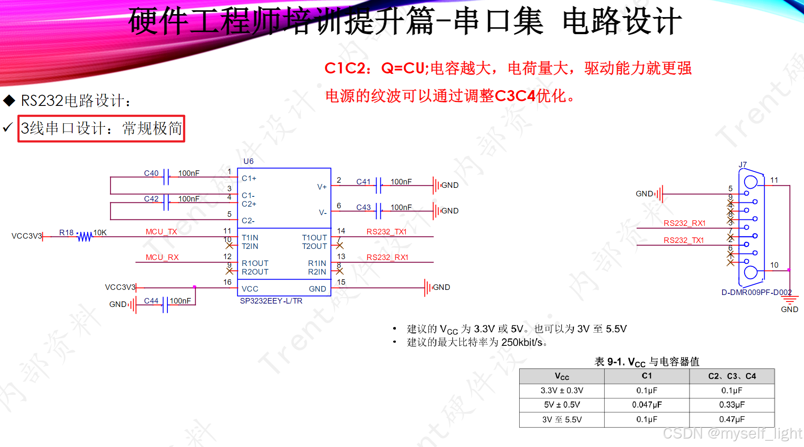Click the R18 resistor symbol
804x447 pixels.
coord(85,237)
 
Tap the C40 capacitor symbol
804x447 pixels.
coord(166,177)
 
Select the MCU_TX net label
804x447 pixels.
coord(161,232)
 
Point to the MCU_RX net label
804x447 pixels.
coord(162,257)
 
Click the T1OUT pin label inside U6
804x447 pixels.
coord(314,238)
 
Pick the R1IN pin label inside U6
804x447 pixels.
coord(317,263)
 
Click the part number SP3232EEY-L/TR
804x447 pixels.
coord(271,301)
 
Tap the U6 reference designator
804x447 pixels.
coord(248,161)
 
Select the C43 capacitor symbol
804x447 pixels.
coord(378,211)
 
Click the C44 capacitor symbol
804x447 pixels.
coord(165,305)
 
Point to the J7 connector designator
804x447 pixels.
coord(743,165)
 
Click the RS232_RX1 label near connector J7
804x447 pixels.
coord(684,223)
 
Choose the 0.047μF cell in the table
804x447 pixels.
coord(646,405)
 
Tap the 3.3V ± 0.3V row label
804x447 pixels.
coord(561,391)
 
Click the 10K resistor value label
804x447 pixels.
coord(100,233)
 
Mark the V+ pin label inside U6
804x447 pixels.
coord(322,187)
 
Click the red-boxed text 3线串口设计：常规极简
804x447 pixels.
coord(101,129)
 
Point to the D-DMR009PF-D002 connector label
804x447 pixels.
coord(756,292)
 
